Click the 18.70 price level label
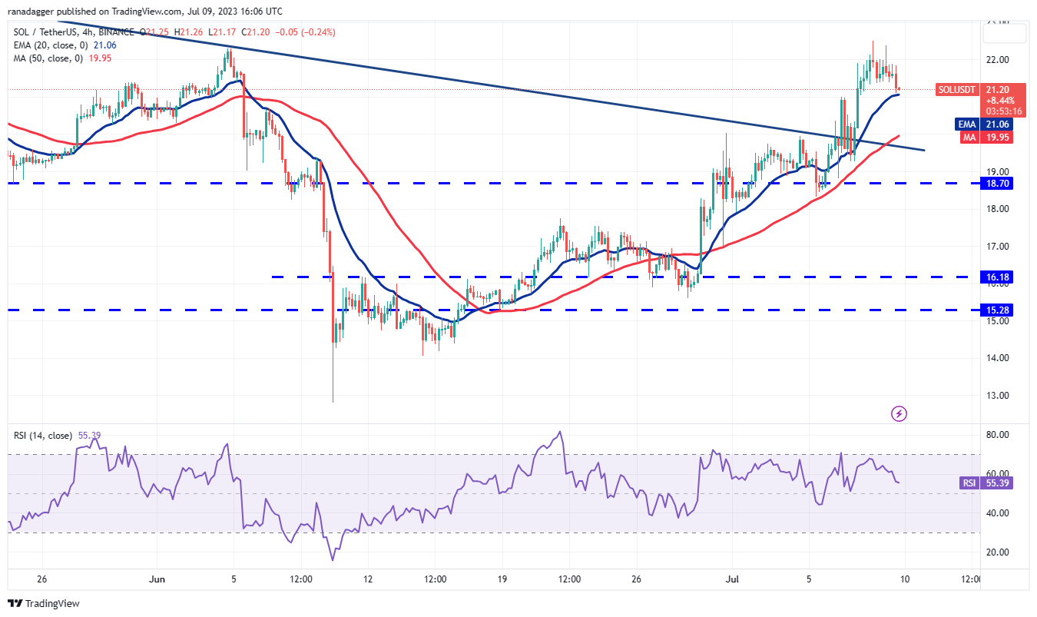coord(1000,184)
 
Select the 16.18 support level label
coord(1000,277)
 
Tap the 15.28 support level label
coord(1000,310)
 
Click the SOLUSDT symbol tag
coord(957,90)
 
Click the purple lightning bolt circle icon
coord(899,414)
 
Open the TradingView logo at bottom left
coord(44,604)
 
